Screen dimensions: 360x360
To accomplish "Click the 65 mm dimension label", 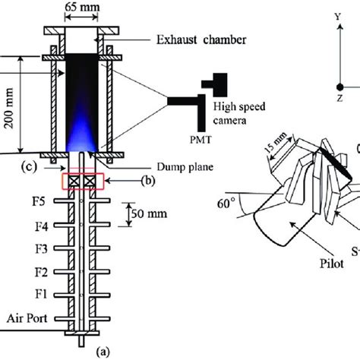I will pos(81,11).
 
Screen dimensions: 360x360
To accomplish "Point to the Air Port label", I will pos(27,320).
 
